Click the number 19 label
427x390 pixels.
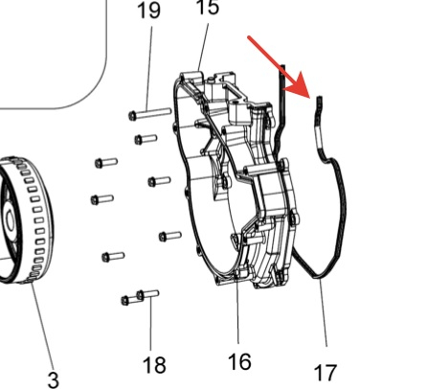[x=149, y=11]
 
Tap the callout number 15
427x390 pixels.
[x=208, y=7]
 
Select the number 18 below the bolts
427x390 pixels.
[x=154, y=365]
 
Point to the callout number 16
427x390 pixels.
[x=239, y=361]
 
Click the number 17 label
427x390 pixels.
[x=326, y=373]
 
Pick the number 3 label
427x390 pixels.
[x=54, y=380]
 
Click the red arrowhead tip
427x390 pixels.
[x=309, y=97]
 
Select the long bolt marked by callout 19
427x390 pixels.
[x=150, y=114]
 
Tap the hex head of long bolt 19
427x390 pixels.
[x=132, y=115]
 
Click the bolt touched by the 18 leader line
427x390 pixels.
[x=147, y=294]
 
